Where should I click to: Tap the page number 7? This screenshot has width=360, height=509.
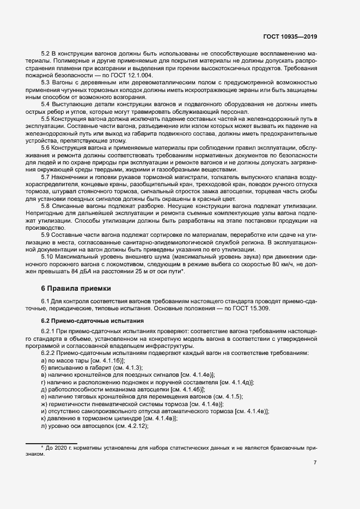315,463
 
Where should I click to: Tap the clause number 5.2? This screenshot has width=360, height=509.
46,56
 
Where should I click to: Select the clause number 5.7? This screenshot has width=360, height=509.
46,176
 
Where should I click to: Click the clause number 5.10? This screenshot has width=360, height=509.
47,256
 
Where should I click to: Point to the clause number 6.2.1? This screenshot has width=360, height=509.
49,333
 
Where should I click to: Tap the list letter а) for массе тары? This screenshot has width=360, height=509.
44,360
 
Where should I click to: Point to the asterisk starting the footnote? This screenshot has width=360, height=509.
42,447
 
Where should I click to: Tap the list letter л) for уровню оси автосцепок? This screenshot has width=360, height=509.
44,426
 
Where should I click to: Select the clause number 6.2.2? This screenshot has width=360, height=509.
49,353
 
